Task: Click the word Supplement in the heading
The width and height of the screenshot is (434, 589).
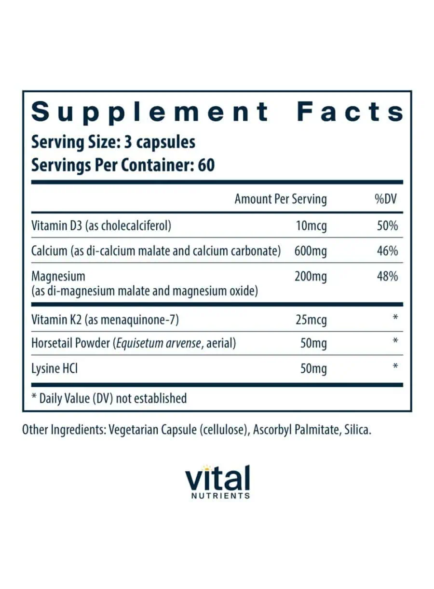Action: point(150,112)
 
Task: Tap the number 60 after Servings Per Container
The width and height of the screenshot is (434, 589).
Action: point(206,165)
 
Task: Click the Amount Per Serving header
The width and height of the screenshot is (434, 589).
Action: point(280,199)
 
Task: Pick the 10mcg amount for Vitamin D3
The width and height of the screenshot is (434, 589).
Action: point(311,225)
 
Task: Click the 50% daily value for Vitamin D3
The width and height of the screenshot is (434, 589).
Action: point(388,225)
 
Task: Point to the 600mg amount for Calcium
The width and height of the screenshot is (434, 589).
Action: point(310,251)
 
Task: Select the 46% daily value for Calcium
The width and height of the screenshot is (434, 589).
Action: point(388,251)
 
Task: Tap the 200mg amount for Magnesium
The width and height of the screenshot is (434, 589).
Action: point(310,277)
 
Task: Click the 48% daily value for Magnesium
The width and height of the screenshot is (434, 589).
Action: point(388,277)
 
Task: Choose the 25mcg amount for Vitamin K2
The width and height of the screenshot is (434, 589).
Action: point(311,319)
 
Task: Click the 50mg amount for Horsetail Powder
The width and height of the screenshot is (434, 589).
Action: point(313,343)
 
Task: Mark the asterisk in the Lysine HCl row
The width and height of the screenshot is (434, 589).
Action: point(395,367)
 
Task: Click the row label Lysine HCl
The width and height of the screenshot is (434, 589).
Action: point(54,369)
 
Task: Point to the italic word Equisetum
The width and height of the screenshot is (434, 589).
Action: point(140,343)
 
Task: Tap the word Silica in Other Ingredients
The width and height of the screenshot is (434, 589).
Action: point(357,430)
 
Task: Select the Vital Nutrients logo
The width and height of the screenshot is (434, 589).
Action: point(217,481)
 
